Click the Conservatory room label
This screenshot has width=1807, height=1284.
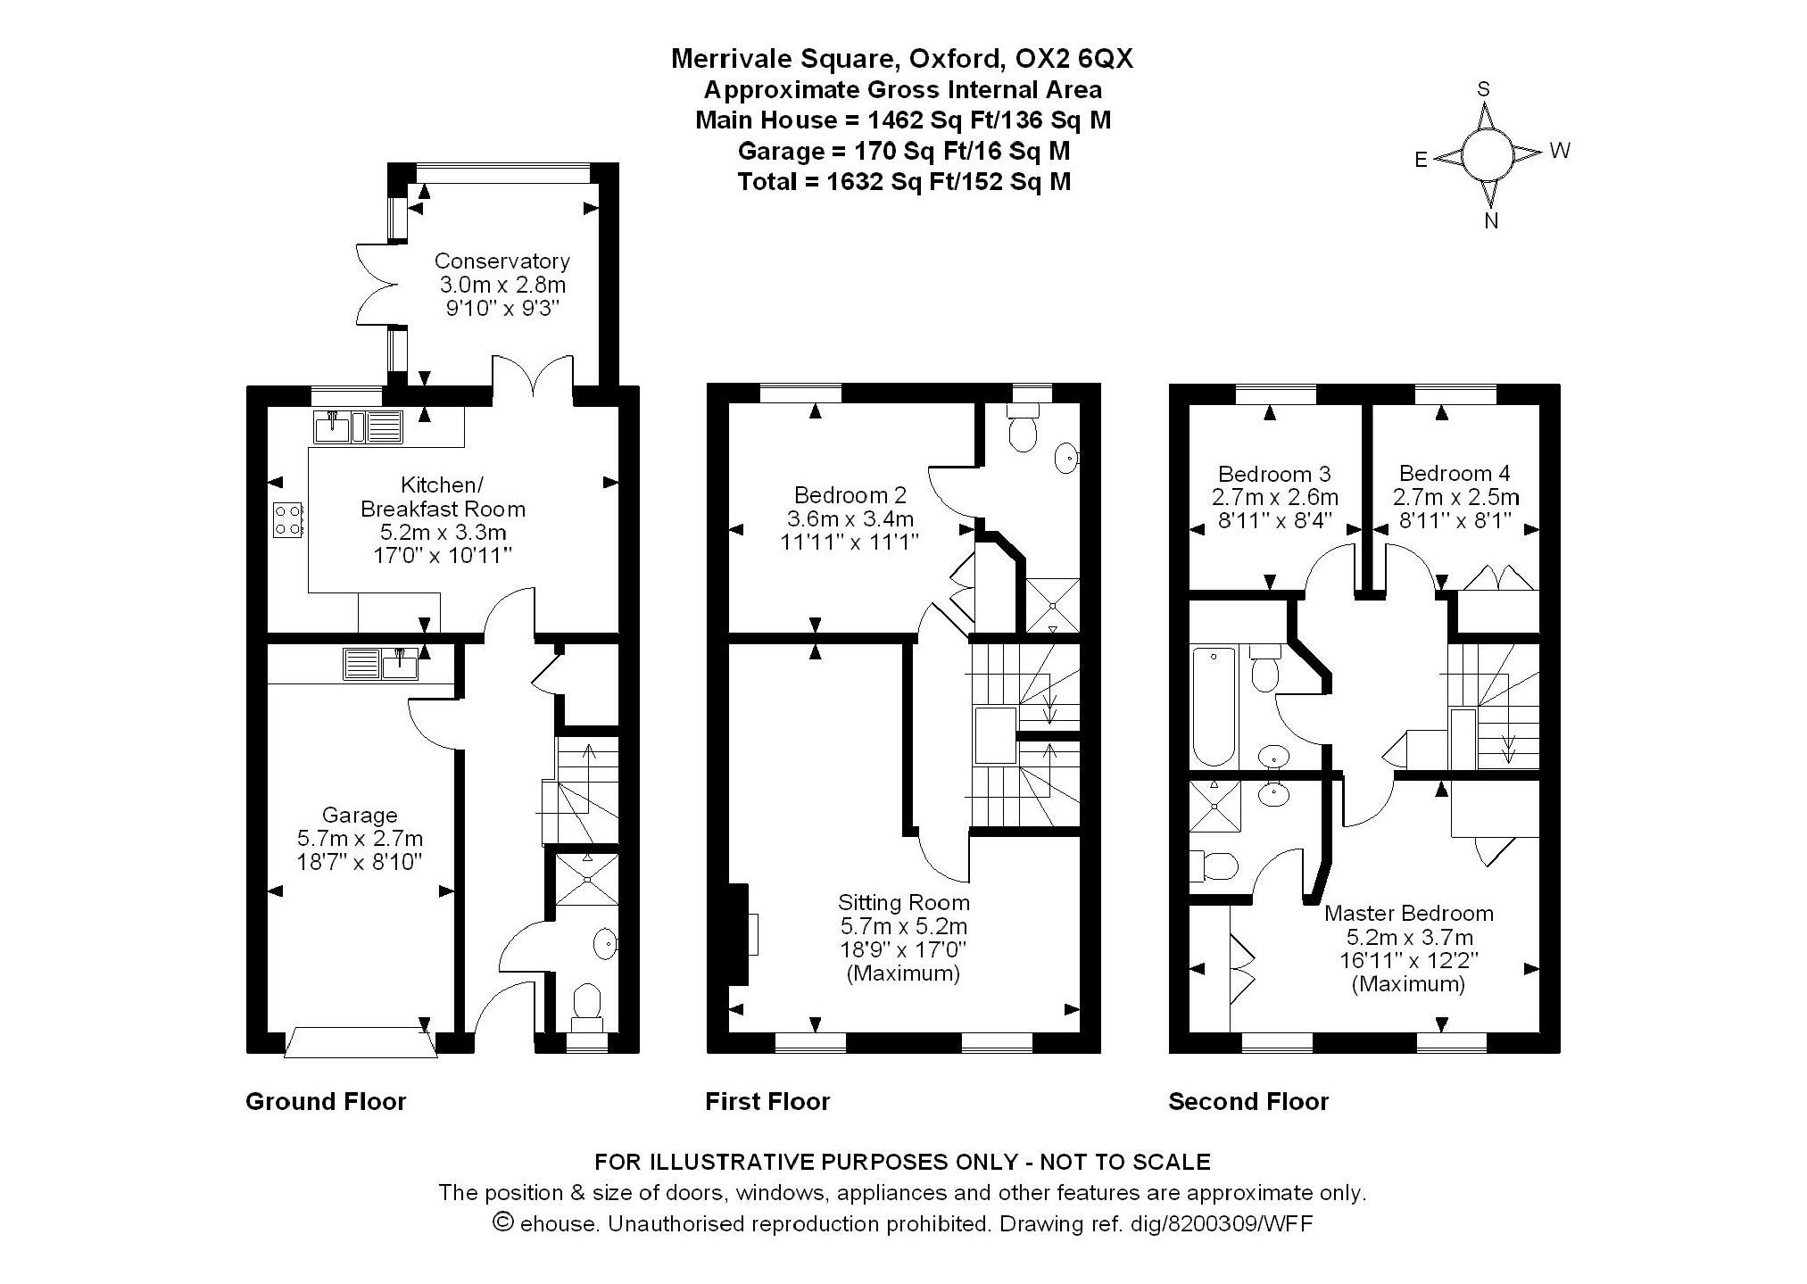pos(501,261)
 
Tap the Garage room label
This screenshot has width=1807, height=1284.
pos(360,815)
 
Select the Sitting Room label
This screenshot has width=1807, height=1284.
pos(903,902)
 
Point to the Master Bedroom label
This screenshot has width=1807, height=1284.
pos(1408,913)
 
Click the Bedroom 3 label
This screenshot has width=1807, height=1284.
pos(1273,474)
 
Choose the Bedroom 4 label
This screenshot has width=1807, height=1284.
pos(1454,474)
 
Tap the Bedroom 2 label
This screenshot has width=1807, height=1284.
pos(850,494)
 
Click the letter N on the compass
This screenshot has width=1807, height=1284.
pos(1490,221)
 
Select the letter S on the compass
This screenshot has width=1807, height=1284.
pos(1484,89)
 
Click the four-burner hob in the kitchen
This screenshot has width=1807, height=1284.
pos(288,519)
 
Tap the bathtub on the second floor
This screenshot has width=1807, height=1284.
pos(1214,707)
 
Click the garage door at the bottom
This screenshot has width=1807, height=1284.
pos(361,1042)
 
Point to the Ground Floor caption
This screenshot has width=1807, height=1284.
pos(326,1102)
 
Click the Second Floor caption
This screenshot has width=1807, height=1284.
pos(1248,1102)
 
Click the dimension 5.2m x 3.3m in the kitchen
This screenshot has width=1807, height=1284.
pos(443,533)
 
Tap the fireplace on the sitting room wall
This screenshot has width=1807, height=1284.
pos(740,933)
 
